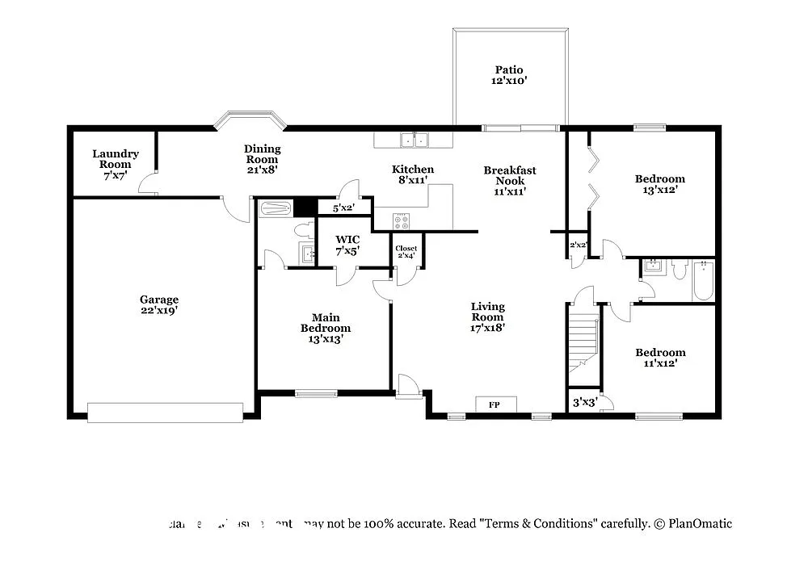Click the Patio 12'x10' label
pyautogui.click(x=511, y=75)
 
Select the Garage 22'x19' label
pyautogui.click(x=158, y=304)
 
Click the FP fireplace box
pyautogui.click(x=493, y=405)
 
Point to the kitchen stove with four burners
pyautogui.click(x=402, y=220)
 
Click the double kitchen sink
pyautogui.click(x=416, y=140)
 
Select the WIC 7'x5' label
pyautogui.click(x=347, y=245)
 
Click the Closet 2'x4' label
pyautogui.click(x=406, y=252)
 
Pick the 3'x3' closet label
pyautogui.click(x=584, y=402)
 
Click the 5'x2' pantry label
pyautogui.click(x=331, y=208)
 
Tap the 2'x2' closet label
pyautogui.click(x=578, y=245)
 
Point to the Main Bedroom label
pyautogui.click(x=326, y=328)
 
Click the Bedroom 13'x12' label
pyautogui.click(x=659, y=184)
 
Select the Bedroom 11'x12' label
pyautogui.click(x=660, y=358)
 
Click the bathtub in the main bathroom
pyautogui.click(x=276, y=208)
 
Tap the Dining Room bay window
pyautogui.click(x=250, y=120)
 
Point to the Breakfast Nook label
pyautogui.click(x=510, y=181)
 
